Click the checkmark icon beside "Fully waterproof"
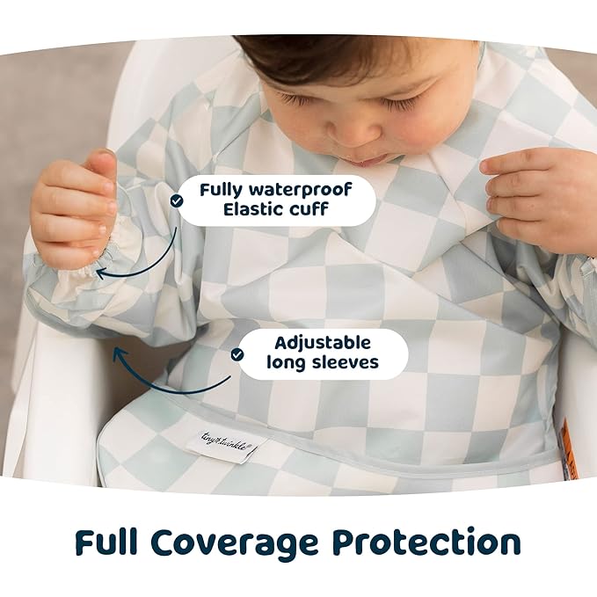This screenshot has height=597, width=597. click(x=177, y=200)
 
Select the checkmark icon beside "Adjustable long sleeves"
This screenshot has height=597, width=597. click(x=237, y=353)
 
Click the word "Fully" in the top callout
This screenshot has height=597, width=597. click(x=223, y=189)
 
